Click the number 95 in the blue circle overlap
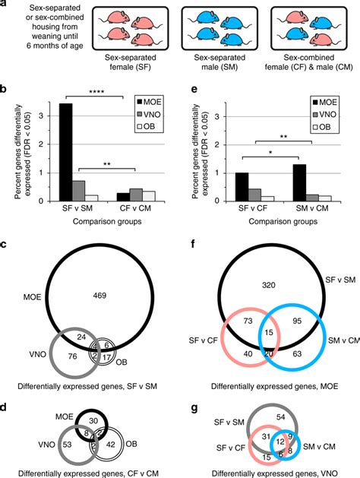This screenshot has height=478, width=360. pyautogui.click(x=297, y=320)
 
